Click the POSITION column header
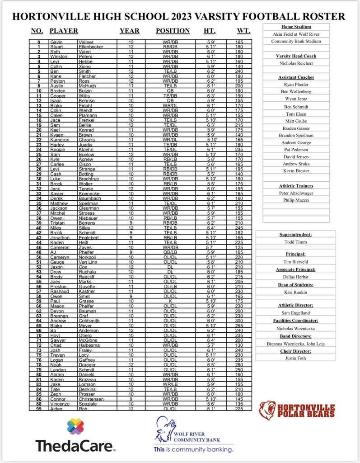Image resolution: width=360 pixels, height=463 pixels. (173, 31)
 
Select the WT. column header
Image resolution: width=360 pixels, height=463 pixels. (244, 31)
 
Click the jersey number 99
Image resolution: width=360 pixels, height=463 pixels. (39, 409)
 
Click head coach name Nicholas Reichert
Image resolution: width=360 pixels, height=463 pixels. (296, 63)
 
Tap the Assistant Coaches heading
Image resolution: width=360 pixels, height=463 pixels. (296, 77)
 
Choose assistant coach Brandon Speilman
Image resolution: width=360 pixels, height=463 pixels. (296, 135)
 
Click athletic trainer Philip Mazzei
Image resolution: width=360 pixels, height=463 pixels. (296, 200)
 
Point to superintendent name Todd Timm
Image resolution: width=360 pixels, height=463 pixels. (296, 242)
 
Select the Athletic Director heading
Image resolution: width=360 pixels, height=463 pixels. (296, 305)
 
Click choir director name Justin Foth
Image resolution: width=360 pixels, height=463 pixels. (296, 358)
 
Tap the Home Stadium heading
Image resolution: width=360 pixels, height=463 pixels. (296, 27)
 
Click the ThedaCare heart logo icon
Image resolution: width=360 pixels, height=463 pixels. (75, 426)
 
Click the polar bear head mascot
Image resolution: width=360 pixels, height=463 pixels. (267, 410)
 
